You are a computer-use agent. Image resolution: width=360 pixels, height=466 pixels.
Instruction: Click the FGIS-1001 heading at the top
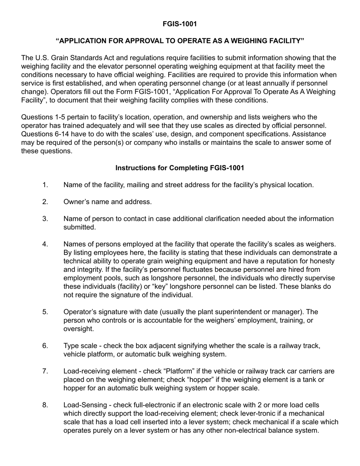point(180,24)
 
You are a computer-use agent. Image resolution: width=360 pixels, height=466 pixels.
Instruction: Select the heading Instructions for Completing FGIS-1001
point(180,168)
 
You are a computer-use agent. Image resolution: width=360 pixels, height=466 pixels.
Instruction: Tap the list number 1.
point(45,185)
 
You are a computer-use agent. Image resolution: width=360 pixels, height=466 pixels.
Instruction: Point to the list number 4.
point(45,244)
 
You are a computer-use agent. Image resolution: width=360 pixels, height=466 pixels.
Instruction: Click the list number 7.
point(45,371)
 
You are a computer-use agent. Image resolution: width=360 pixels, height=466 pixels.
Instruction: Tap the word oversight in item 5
point(78,329)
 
